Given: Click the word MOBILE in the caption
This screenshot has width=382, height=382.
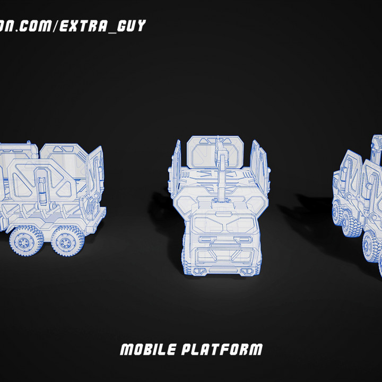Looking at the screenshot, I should click(148, 350).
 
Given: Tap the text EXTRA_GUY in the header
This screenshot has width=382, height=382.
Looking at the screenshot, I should click(102, 26).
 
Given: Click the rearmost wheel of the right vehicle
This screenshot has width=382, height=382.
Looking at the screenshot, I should click(339, 212).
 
